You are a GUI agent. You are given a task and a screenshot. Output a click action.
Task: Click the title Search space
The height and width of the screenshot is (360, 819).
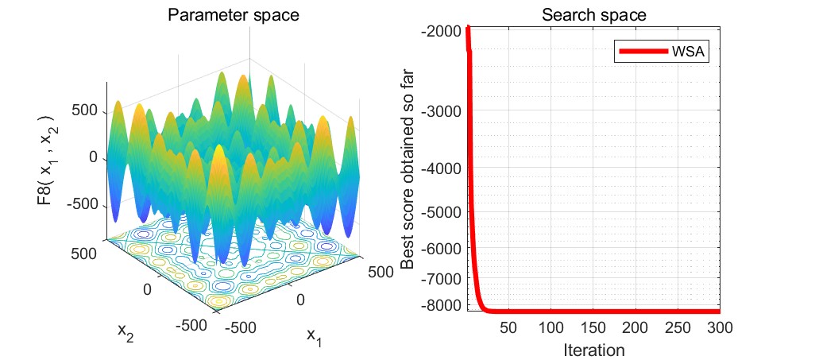[594, 14]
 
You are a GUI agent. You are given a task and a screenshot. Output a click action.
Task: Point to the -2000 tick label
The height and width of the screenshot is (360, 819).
[442, 31]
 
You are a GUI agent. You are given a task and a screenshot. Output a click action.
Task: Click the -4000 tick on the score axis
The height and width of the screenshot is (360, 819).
[442, 168]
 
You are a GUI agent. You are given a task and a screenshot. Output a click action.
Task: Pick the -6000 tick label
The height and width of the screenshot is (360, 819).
[442, 249]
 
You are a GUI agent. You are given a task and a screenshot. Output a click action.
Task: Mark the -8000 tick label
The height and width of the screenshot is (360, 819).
[442, 305]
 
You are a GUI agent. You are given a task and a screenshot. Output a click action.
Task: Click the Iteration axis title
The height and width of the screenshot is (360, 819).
[594, 349]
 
